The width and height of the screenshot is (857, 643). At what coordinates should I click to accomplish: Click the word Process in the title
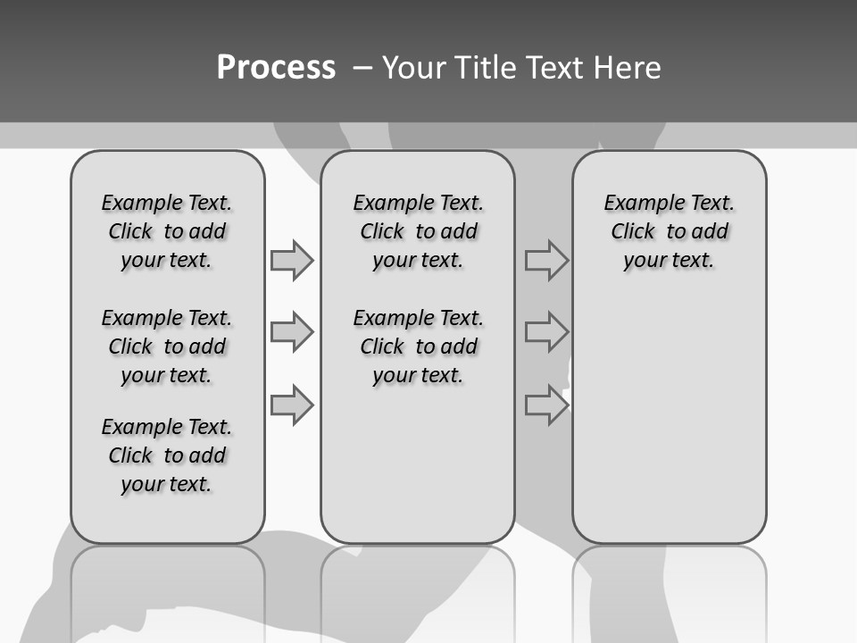[276, 68]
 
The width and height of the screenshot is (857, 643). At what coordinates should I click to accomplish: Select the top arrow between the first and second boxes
[292, 260]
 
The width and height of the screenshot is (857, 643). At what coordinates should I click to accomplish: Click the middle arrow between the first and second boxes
[292, 332]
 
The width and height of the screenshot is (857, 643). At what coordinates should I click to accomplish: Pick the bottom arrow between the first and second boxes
[292, 405]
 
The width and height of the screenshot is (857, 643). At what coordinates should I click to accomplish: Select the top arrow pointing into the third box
[546, 261]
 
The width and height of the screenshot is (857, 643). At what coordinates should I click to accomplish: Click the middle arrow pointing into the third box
[546, 332]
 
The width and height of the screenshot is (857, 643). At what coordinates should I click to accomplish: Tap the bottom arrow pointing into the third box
[546, 405]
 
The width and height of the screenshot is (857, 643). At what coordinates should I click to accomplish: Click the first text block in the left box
[167, 231]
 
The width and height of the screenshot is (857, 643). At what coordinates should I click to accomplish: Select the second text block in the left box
[167, 347]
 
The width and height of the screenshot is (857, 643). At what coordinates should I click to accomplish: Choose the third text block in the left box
[167, 455]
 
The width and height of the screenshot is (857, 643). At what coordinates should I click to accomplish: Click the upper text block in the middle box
[418, 231]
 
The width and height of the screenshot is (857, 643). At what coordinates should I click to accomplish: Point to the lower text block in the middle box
[418, 347]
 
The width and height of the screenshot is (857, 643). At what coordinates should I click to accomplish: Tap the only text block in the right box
[669, 231]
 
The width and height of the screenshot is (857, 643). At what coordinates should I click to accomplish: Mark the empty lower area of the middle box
[418, 464]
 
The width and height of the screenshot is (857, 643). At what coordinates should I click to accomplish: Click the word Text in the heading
[557, 68]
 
